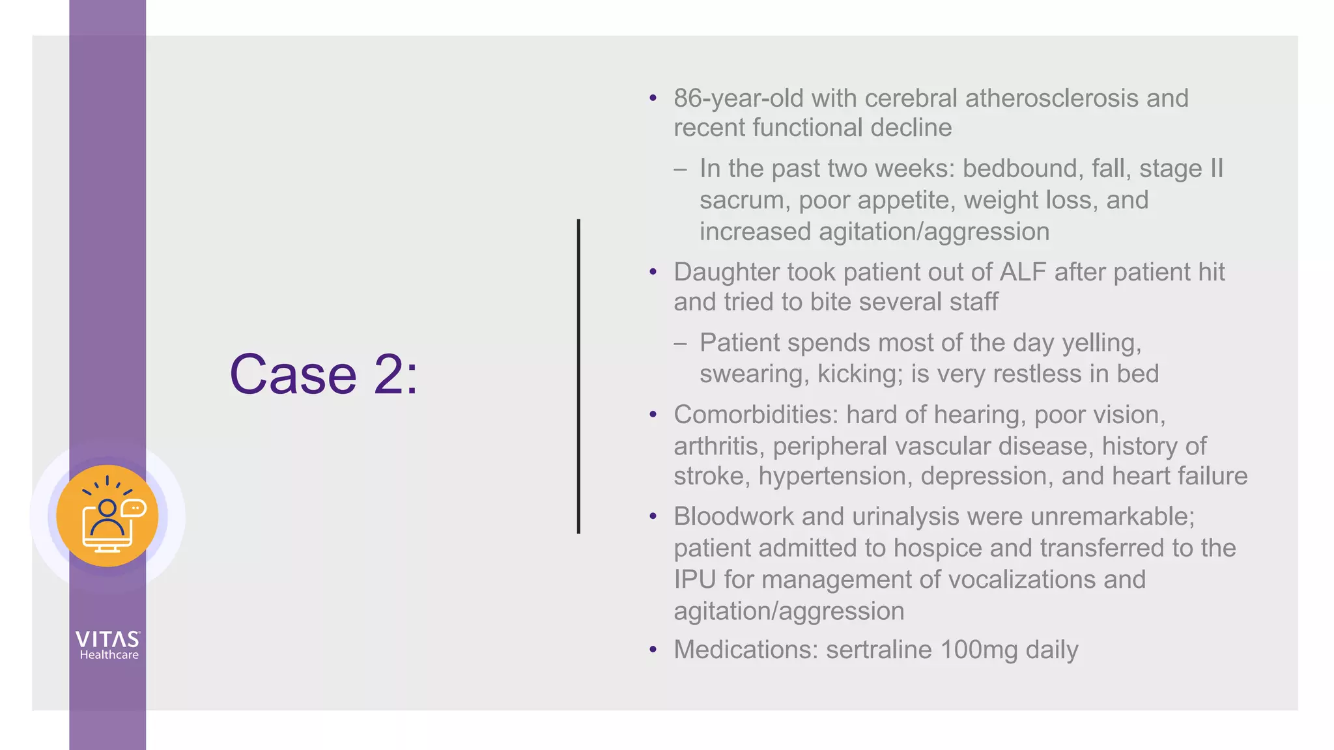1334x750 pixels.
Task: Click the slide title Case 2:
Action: point(324,374)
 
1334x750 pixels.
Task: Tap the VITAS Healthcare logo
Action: point(108,645)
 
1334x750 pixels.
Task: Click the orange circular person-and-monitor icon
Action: point(107,516)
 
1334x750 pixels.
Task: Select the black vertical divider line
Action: point(578,376)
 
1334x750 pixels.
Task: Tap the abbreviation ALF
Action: point(1022,272)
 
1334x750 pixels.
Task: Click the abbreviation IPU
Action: point(694,579)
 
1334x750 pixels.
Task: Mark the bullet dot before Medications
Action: point(653,650)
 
